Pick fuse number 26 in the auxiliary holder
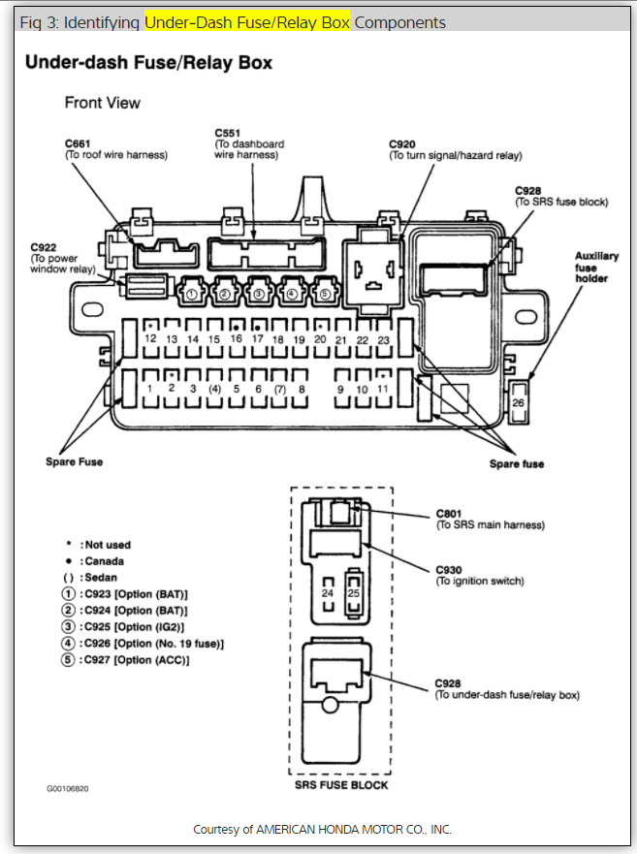pyautogui.click(x=519, y=401)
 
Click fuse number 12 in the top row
pyautogui.click(x=150, y=339)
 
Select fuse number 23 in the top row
pyautogui.click(x=383, y=340)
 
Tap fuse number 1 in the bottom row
pyautogui.click(x=149, y=389)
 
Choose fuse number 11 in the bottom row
pyautogui.click(x=383, y=389)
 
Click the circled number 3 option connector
pyautogui.click(x=259, y=292)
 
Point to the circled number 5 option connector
pyautogui.click(x=325, y=292)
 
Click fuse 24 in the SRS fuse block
pyautogui.click(x=328, y=591)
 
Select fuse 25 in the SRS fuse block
pyautogui.click(x=354, y=591)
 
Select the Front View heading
pyautogui.click(x=102, y=103)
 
